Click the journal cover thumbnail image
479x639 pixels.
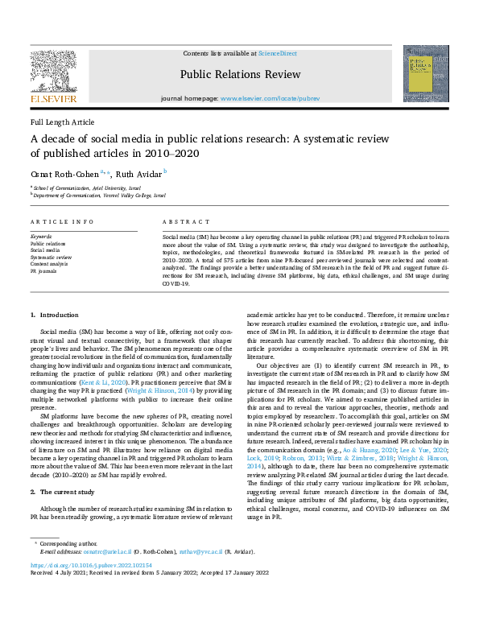click(426, 73)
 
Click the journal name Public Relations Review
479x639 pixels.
click(241, 75)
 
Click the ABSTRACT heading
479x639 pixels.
click(180, 221)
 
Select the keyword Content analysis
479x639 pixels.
click(50, 264)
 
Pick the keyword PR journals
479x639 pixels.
click(44, 271)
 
